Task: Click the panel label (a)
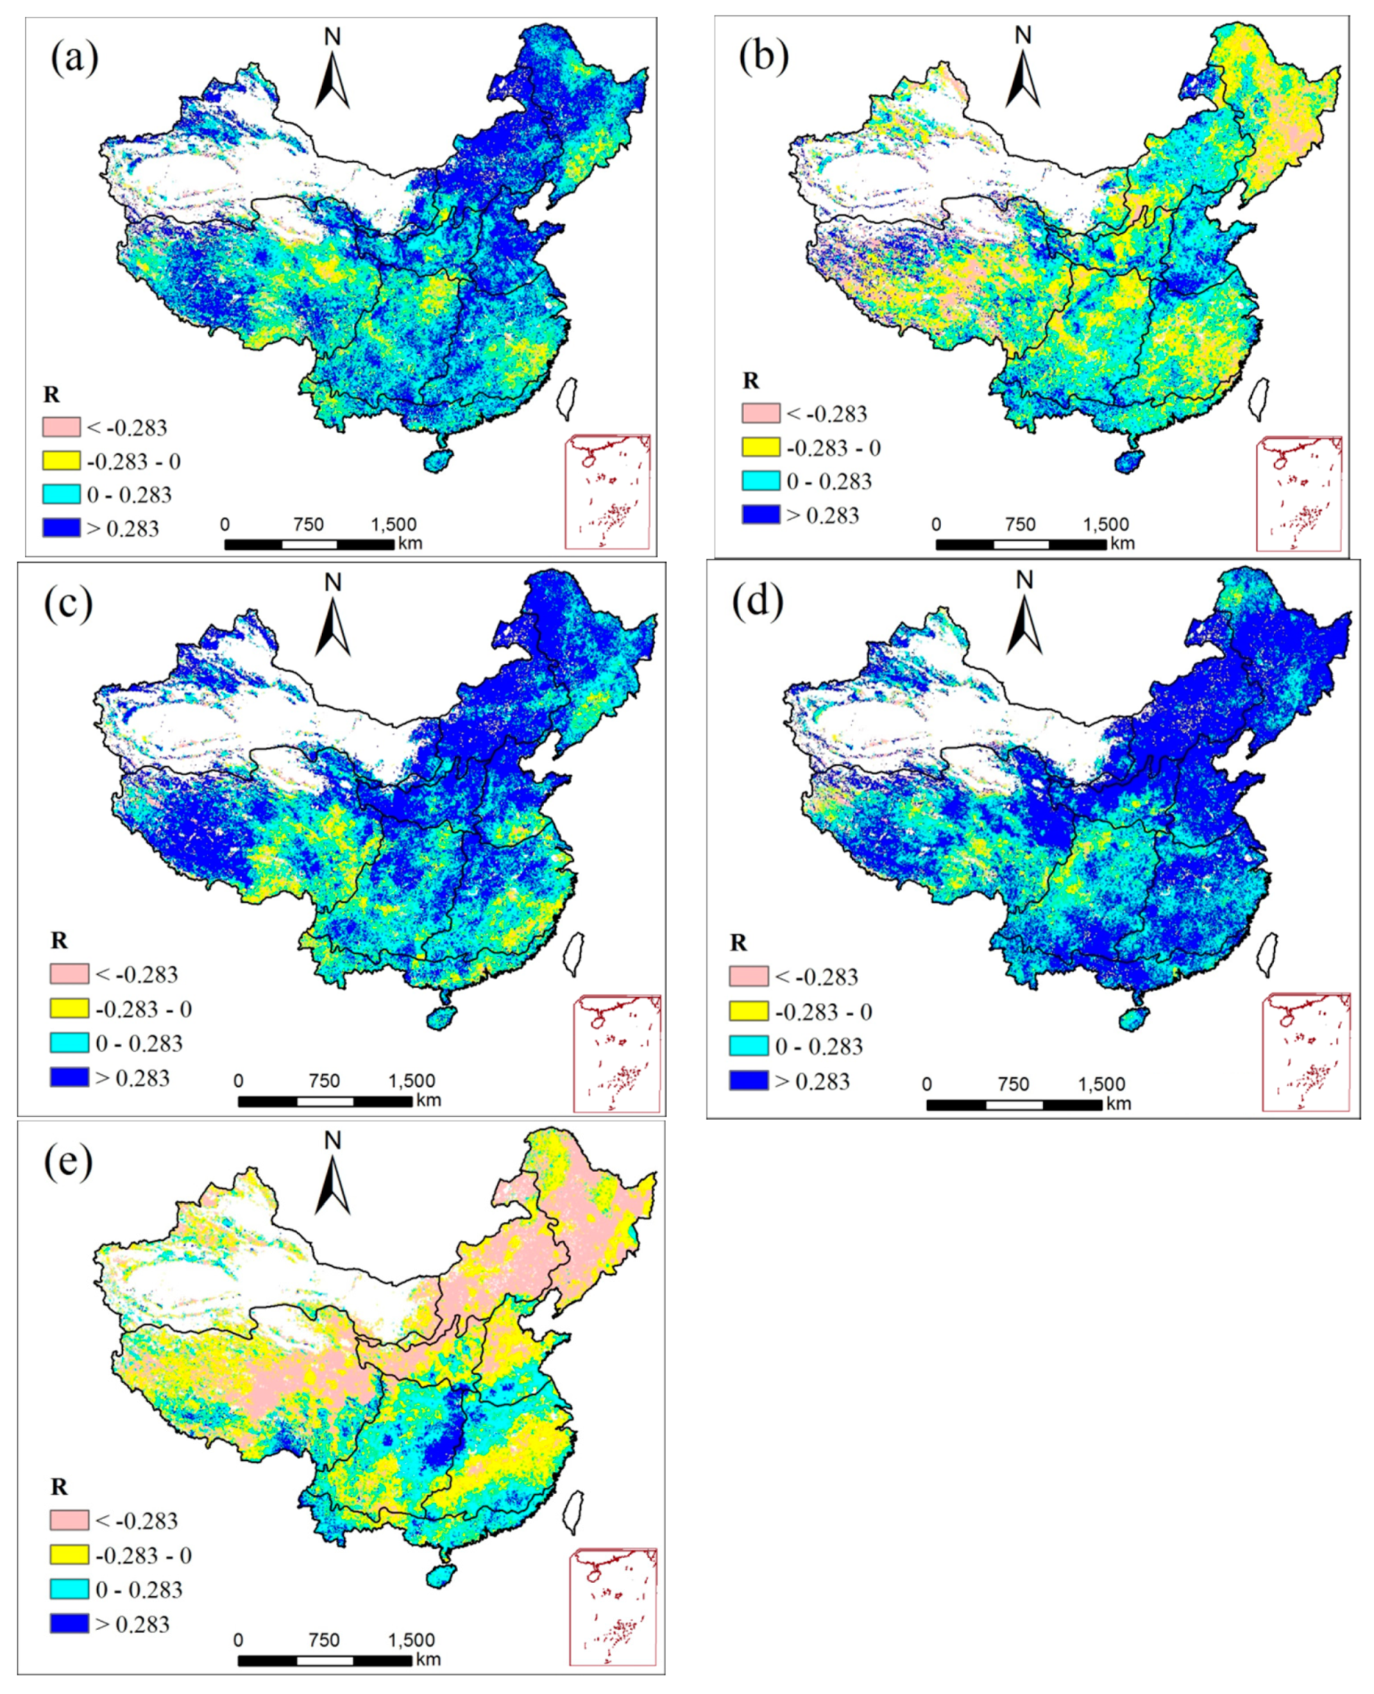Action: click(74, 60)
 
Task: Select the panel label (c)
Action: click(69, 604)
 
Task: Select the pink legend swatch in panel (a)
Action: click(61, 427)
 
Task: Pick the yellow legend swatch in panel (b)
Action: click(761, 447)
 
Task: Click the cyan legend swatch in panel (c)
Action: click(69, 1042)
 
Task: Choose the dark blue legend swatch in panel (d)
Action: click(749, 1081)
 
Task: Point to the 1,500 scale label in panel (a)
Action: click(393, 525)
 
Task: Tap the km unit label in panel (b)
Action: click(1121, 543)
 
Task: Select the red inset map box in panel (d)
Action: click(1306, 1052)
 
